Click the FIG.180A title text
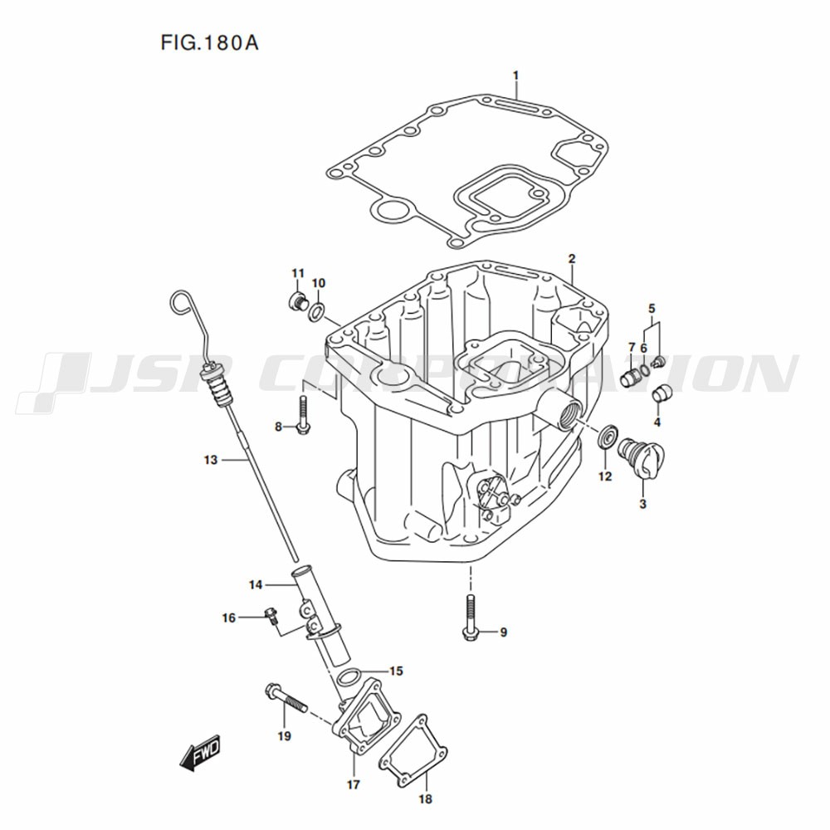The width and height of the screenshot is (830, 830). pos(210,42)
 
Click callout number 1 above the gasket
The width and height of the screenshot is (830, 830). pos(516,76)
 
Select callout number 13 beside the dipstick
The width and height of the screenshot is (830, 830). pos(211,460)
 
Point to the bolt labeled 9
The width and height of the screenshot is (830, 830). pos(470,618)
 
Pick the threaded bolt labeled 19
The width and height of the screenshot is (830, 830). pos(286,697)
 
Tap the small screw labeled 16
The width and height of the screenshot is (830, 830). pos(271,616)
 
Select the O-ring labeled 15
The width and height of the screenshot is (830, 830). pos(349,676)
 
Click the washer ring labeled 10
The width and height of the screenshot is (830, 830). pos(316,311)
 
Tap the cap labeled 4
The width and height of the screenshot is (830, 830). pos(662,394)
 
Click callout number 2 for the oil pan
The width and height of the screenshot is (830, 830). pos(572,259)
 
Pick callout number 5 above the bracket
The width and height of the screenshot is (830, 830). pos(652,308)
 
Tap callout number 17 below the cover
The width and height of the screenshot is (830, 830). pos(353,784)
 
